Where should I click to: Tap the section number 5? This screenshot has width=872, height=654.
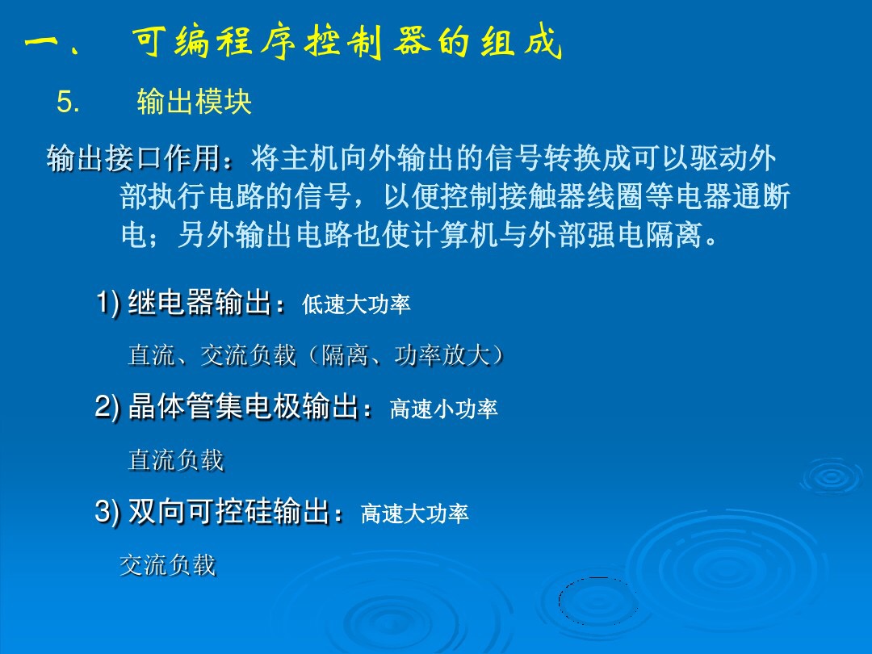click(68, 103)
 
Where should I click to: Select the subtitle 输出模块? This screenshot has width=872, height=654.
click(194, 103)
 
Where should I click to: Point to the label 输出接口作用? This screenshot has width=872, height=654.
click(134, 158)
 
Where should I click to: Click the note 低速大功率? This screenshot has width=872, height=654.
click(356, 304)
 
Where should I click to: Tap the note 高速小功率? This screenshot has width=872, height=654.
click(444, 410)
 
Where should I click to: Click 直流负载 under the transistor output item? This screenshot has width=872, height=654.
click(176, 460)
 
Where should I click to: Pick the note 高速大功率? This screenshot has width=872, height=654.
click(415, 514)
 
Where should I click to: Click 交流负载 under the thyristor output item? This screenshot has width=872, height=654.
click(168, 565)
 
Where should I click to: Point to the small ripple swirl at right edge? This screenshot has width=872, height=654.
click(831, 476)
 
